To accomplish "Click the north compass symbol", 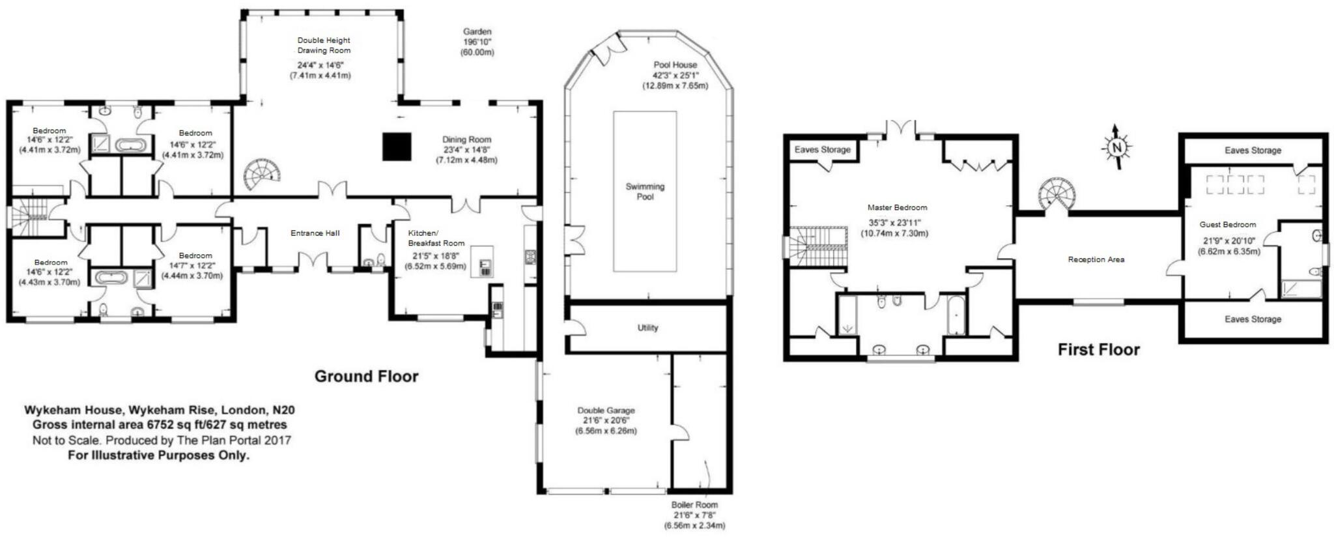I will (x=1116, y=148).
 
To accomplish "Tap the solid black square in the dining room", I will (x=396, y=147).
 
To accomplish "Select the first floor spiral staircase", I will (x=1058, y=194).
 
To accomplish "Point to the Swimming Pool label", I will (x=645, y=191).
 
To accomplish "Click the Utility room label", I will (x=647, y=328).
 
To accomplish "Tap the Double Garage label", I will (x=606, y=411).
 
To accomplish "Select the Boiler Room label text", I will (x=694, y=504).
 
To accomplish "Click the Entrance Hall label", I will (x=315, y=233).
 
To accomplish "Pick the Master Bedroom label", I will (x=897, y=208).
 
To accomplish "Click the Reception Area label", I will (x=1096, y=259).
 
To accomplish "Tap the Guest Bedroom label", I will (x=1227, y=225).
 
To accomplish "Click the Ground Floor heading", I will (x=366, y=376).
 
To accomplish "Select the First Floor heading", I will (x=1098, y=350).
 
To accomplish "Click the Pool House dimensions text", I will (x=675, y=80).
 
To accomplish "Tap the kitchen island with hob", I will (x=483, y=261).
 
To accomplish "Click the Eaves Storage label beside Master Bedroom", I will (x=822, y=150).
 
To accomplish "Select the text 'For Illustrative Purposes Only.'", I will (x=158, y=455).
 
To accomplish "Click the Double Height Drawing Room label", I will (x=324, y=45).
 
